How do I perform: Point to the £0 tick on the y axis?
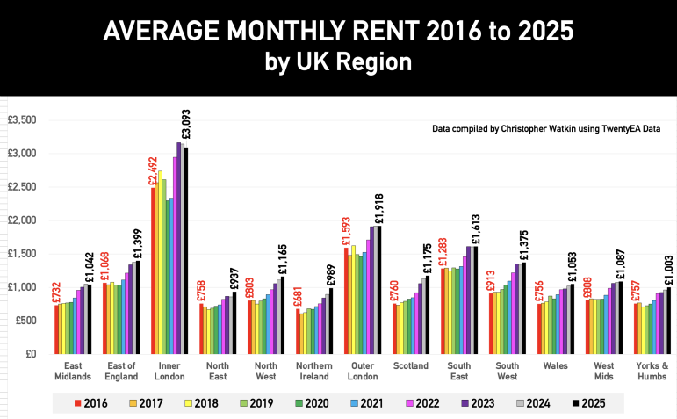(x=28, y=354)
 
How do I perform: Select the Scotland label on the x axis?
(x=411, y=365)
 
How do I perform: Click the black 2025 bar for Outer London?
(x=379, y=290)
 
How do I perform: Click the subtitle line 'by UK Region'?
(x=337, y=63)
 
